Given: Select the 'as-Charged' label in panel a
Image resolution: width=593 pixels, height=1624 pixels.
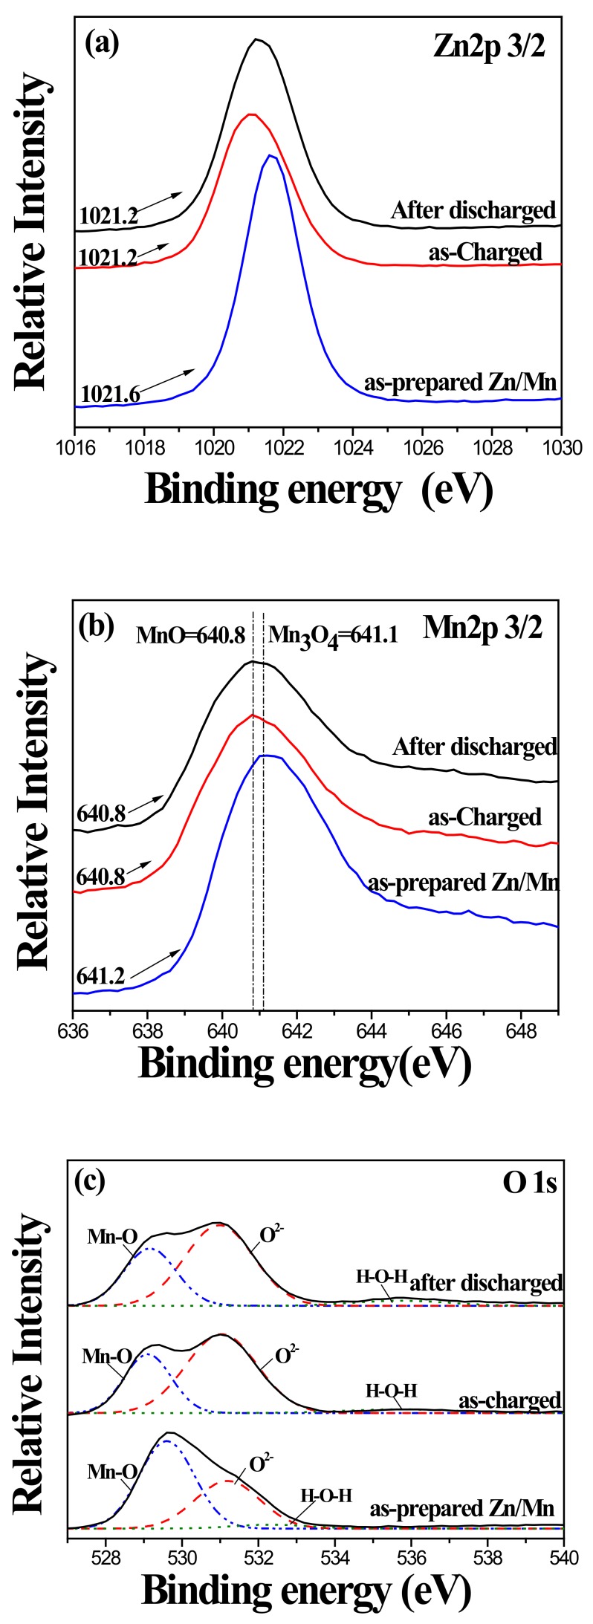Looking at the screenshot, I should tap(485, 252).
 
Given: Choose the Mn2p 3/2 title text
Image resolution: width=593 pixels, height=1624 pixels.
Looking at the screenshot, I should tap(482, 629).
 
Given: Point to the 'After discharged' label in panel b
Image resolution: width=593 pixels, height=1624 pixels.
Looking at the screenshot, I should tap(475, 745).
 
